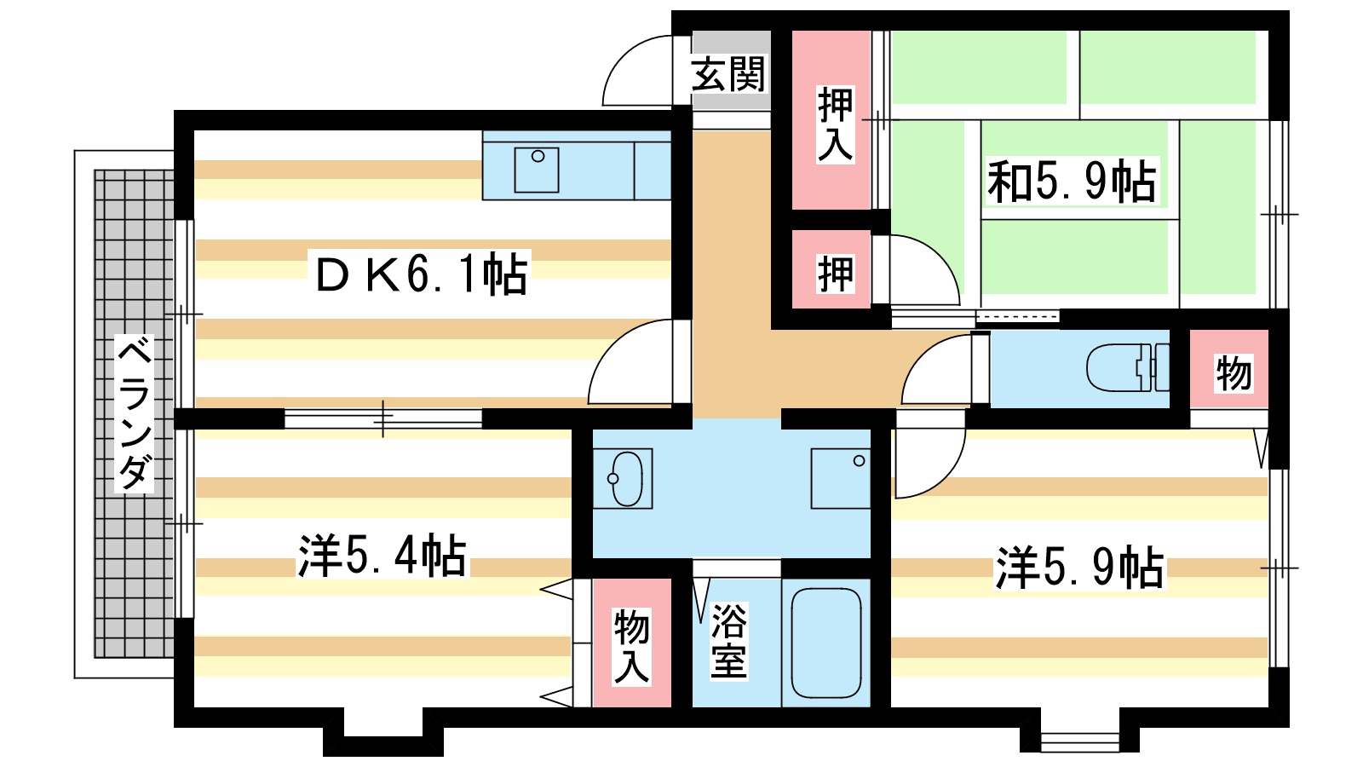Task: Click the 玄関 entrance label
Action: click(x=728, y=73)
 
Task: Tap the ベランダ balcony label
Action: click(x=134, y=413)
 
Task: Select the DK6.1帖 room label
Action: click(x=421, y=274)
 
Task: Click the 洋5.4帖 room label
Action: click(x=382, y=555)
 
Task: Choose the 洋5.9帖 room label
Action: click(x=1079, y=568)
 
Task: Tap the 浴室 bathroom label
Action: click(x=728, y=640)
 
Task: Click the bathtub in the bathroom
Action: click(x=825, y=643)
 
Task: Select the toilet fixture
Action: click(x=1128, y=367)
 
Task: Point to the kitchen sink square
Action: click(x=536, y=170)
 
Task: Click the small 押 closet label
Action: click(x=835, y=274)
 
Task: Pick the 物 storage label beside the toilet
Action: click(x=1234, y=373)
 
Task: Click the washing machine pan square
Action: click(x=840, y=478)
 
